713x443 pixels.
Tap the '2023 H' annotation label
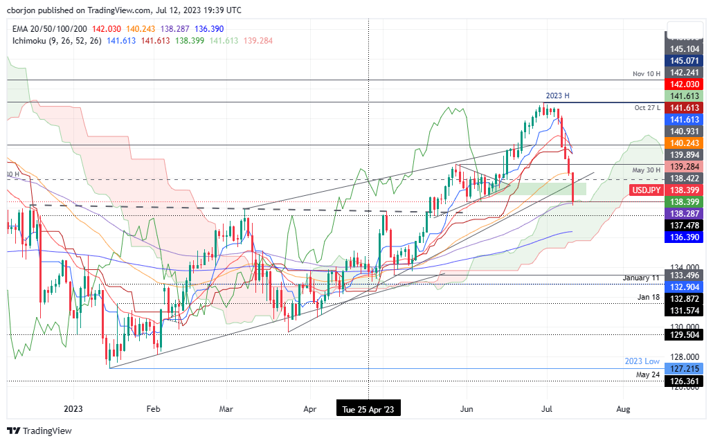[558, 96]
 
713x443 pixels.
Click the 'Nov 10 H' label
[647, 73]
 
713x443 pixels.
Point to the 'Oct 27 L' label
[647, 107]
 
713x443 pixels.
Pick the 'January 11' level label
[640, 278]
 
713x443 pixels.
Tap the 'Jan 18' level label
[649, 297]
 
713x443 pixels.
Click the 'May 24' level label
[649, 374]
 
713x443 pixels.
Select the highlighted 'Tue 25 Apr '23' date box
[368, 409]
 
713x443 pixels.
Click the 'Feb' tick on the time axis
[154, 409]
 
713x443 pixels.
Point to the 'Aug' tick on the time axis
[624, 409]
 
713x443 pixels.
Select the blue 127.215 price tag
[685, 369]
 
